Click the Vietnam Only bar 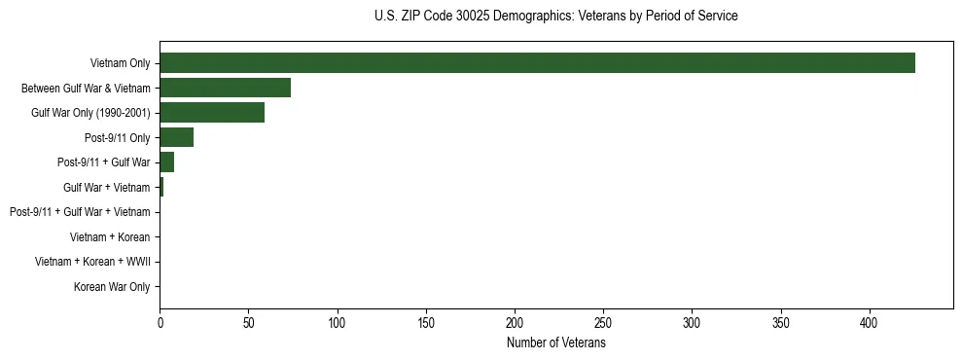tap(537, 63)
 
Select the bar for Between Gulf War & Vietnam tap(225, 88)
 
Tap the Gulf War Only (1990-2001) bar tap(212, 113)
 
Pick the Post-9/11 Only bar tap(176, 137)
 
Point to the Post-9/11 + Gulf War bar tap(166, 162)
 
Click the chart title tap(555, 17)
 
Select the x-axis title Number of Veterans tap(555, 343)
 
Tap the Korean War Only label tap(112, 287)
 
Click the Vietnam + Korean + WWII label tap(92, 262)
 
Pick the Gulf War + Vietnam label tap(107, 188)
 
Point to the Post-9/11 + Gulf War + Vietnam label tap(80, 212)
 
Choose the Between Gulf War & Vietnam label tap(86, 89)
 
